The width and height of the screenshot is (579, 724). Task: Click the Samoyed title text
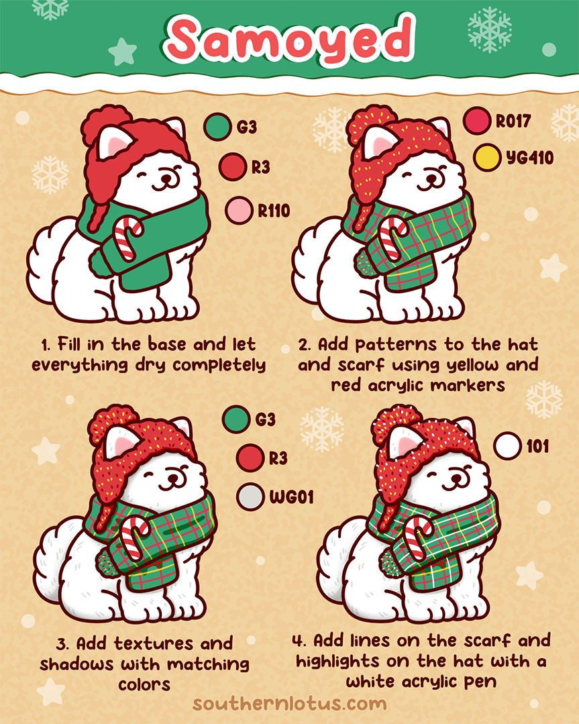290,38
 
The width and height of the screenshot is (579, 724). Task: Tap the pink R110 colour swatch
238,210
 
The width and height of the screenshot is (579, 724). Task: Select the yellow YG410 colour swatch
487,158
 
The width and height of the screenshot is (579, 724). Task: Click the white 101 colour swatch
507,446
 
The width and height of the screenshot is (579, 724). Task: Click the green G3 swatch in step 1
218,126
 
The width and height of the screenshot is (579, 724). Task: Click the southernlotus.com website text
289,704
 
